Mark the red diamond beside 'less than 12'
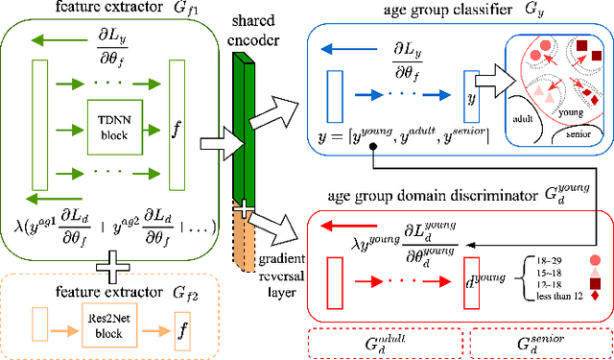tap(598, 297)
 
